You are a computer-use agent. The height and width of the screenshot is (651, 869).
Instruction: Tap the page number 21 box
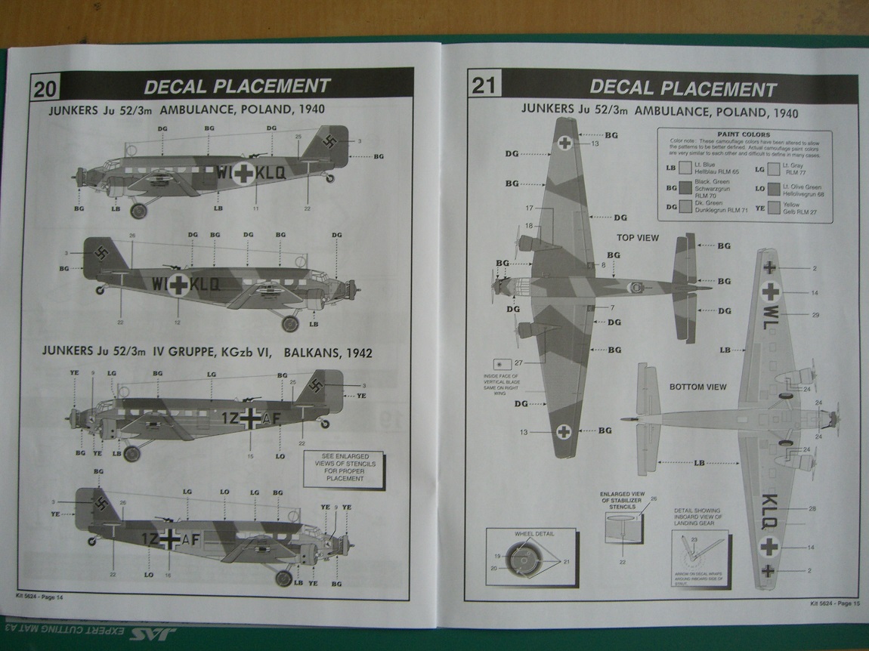pyautogui.click(x=484, y=85)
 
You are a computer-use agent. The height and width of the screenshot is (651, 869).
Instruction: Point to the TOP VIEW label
pyautogui.click(x=638, y=237)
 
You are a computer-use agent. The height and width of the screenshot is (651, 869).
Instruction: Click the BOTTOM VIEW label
pyautogui.click(x=697, y=387)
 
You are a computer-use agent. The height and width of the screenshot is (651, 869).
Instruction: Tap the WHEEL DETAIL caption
pyautogui.click(x=535, y=533)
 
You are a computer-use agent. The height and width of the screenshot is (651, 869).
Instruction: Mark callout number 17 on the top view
pyautogui.click(x=529, y=208)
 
